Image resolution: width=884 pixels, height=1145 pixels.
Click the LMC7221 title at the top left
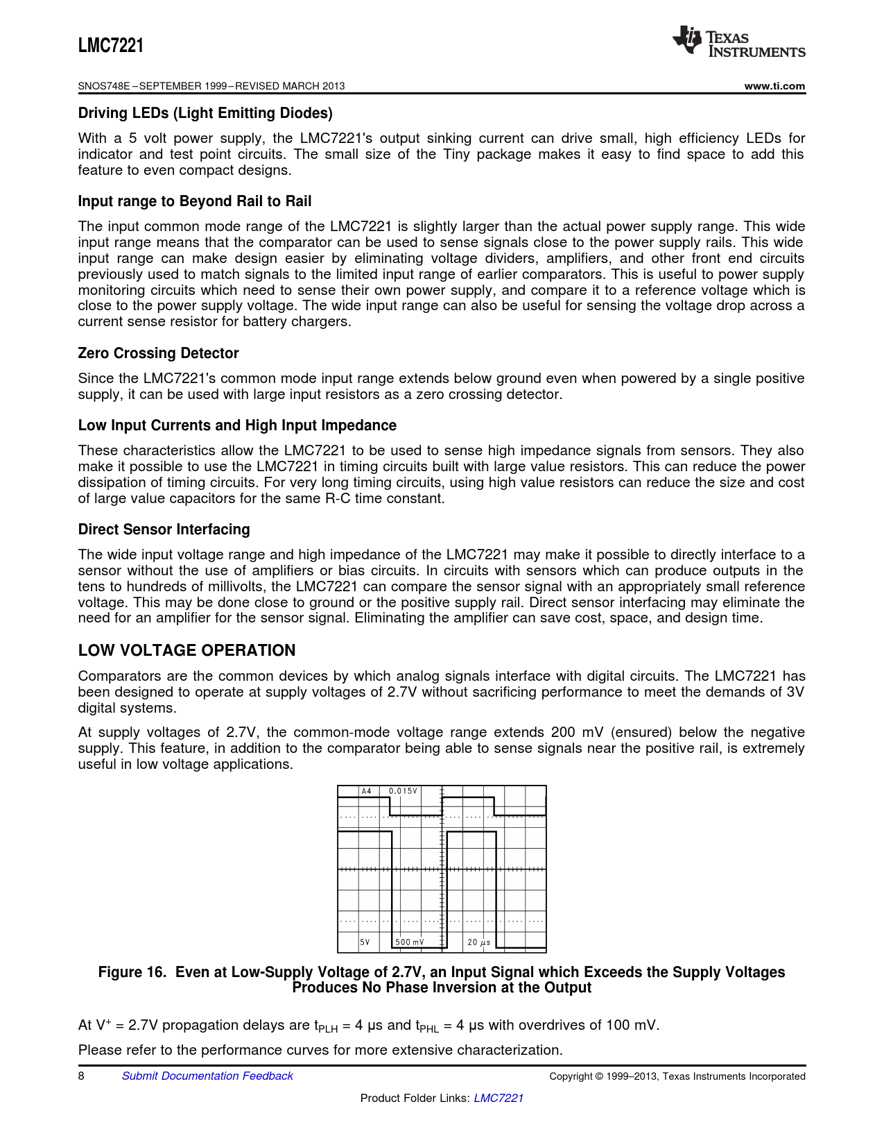(x=111, y=46)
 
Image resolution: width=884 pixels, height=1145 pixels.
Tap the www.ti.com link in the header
(x=774, y=86)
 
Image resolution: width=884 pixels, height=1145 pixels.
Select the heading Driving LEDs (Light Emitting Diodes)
(x=205, y=113)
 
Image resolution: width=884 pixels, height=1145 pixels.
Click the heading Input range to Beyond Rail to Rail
(x=195, y=201)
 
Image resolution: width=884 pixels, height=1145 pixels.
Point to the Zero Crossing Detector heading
(x=158, y=353)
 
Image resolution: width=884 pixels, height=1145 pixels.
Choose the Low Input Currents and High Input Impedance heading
(x=237, y=425)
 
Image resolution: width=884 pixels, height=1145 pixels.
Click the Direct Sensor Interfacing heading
(x=164, y=529)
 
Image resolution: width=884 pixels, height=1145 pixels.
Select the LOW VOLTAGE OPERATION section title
(x=187, y=650)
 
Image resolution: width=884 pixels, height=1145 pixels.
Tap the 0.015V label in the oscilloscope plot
(x=403, y=791)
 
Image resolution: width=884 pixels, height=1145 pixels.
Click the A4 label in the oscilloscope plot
(x=367, y=791)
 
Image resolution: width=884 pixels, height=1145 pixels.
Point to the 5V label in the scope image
(x=365, y=942)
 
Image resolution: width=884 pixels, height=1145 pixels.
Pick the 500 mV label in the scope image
(x=409, y=942)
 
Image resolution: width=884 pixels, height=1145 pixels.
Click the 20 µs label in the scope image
(x=478, y=942)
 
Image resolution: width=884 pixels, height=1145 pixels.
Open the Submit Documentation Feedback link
(x=207, y=1076)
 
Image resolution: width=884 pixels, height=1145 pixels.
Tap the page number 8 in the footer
(x=81, y=1076)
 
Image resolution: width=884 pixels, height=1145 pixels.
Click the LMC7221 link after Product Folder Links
(x=498, y=1098)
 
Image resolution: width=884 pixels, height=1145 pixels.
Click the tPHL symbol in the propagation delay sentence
(x=427, y=1026)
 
